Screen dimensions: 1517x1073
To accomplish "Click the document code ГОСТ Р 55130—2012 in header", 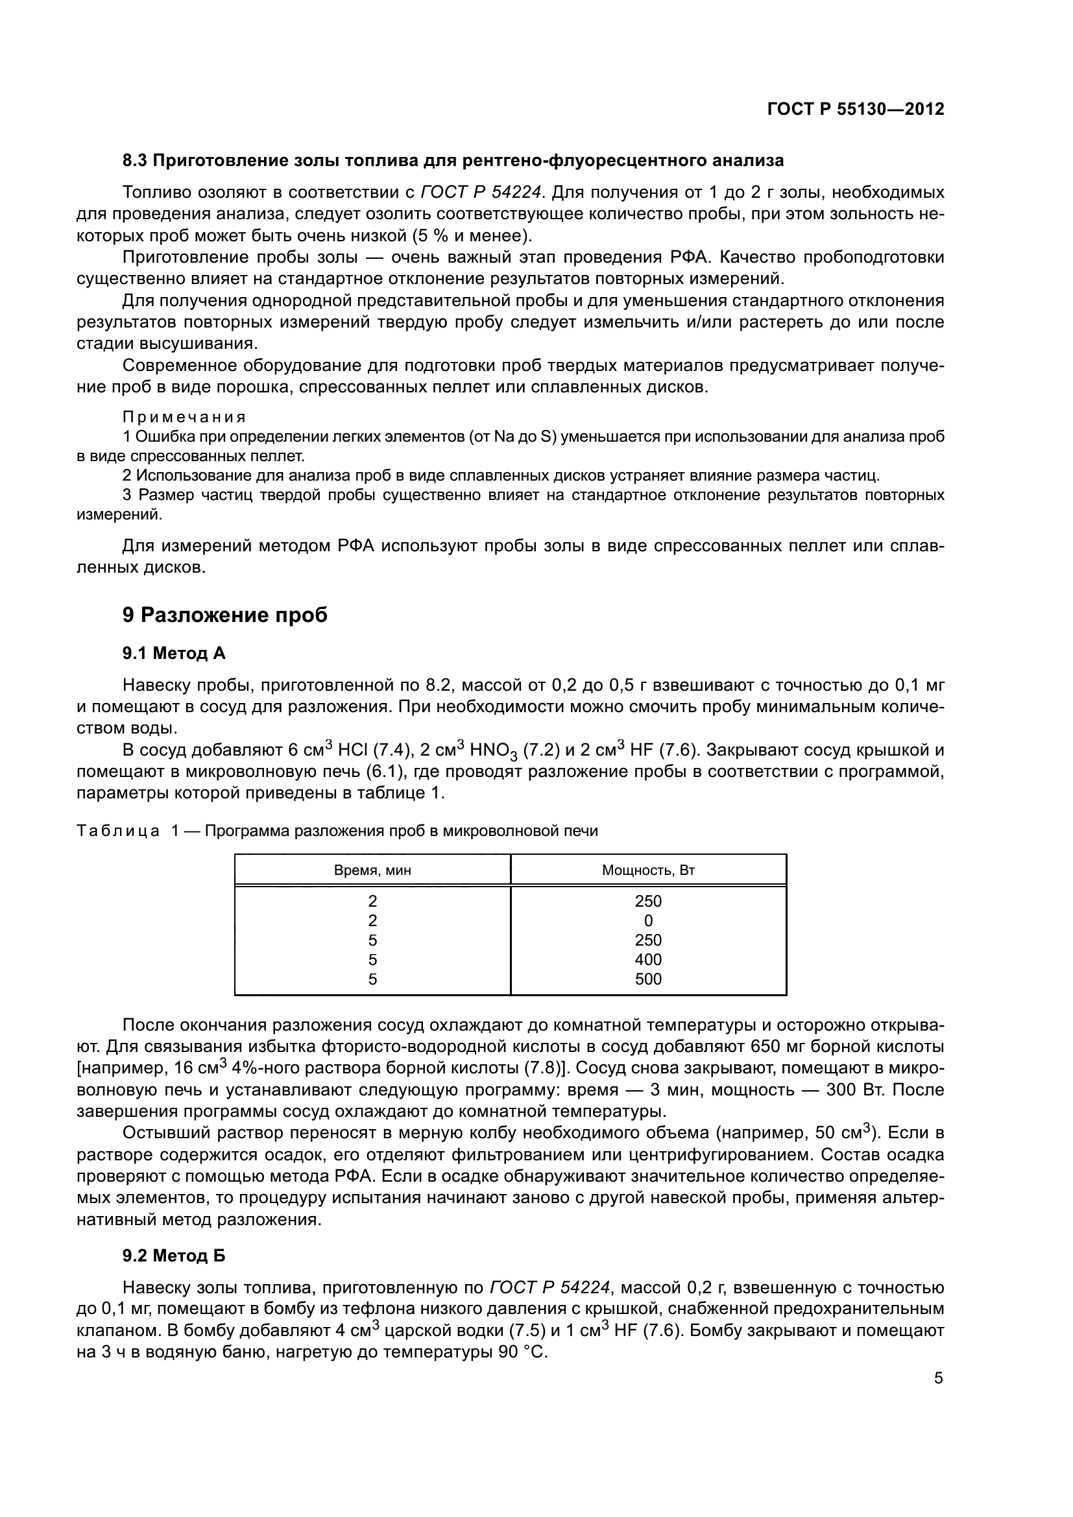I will click(856, 109).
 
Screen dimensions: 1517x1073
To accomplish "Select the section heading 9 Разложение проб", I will click(224, 615).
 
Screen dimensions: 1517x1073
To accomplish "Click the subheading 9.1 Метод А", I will click(174, 654).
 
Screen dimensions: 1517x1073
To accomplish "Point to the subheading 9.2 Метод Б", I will click(174, 1256).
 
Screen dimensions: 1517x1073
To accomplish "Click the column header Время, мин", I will click(372, 870).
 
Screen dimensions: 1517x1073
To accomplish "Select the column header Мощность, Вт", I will click(648, 870).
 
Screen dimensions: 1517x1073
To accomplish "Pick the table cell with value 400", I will click(648, 959).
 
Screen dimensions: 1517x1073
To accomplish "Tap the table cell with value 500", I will click(648, 979).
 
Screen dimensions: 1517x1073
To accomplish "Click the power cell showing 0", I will click(648, 921).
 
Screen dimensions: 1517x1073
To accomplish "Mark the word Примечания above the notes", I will click(184, 418).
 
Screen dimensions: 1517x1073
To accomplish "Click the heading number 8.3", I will click(136, 161).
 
